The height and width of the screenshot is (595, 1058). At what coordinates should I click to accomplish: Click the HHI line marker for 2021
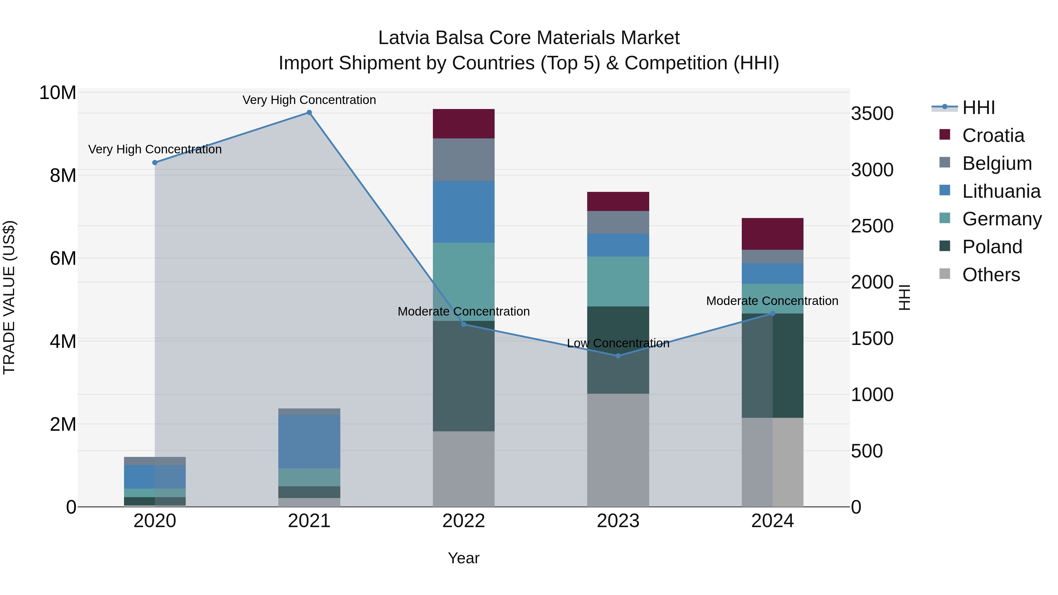[x=309, y=113]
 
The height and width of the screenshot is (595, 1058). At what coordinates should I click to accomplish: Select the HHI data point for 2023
[x=618, y=356]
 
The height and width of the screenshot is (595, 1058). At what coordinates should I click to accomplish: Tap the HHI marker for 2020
[x=155, y=162]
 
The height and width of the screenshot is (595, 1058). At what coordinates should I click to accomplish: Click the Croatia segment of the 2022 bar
[x=464, y=124]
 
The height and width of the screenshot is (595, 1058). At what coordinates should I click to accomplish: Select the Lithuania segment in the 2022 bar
[x=464, y=212]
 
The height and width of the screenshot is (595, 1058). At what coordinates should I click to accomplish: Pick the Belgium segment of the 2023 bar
[x=618, y=222]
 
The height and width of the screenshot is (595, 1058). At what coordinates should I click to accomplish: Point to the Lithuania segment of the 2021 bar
[x=309, y=441]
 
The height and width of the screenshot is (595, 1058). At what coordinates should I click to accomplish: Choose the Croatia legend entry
[x=993, y=135]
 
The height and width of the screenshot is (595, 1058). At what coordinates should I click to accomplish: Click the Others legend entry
[x=991, y=275]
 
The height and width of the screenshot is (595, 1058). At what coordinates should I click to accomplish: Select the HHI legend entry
[x=978, y=108]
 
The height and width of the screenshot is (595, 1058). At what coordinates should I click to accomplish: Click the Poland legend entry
[x=992, y=247]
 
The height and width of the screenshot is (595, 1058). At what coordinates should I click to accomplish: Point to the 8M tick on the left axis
[x=63, y=176]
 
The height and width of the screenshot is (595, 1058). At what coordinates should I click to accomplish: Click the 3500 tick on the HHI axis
[x=872, y=114]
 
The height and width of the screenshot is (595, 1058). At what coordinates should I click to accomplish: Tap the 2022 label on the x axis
[x=464, y=521]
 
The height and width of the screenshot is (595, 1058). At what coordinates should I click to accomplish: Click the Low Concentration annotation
[x=618, y=343]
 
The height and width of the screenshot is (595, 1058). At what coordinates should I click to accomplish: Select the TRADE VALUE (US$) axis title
[x=9, y=297]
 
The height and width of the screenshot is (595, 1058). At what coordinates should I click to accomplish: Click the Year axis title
[x=464, y=558]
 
